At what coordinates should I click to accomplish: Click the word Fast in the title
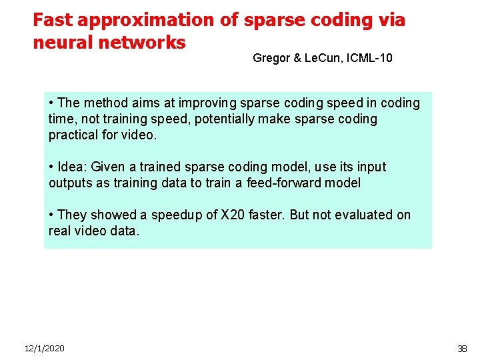(53, 20)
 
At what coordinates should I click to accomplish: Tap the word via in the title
(390, 20)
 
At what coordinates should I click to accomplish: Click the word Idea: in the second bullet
(73, 167)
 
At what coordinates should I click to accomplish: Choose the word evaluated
(352, 215)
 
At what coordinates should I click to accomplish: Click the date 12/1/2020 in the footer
(45, 349)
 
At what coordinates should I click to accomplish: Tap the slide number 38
(462, 349)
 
